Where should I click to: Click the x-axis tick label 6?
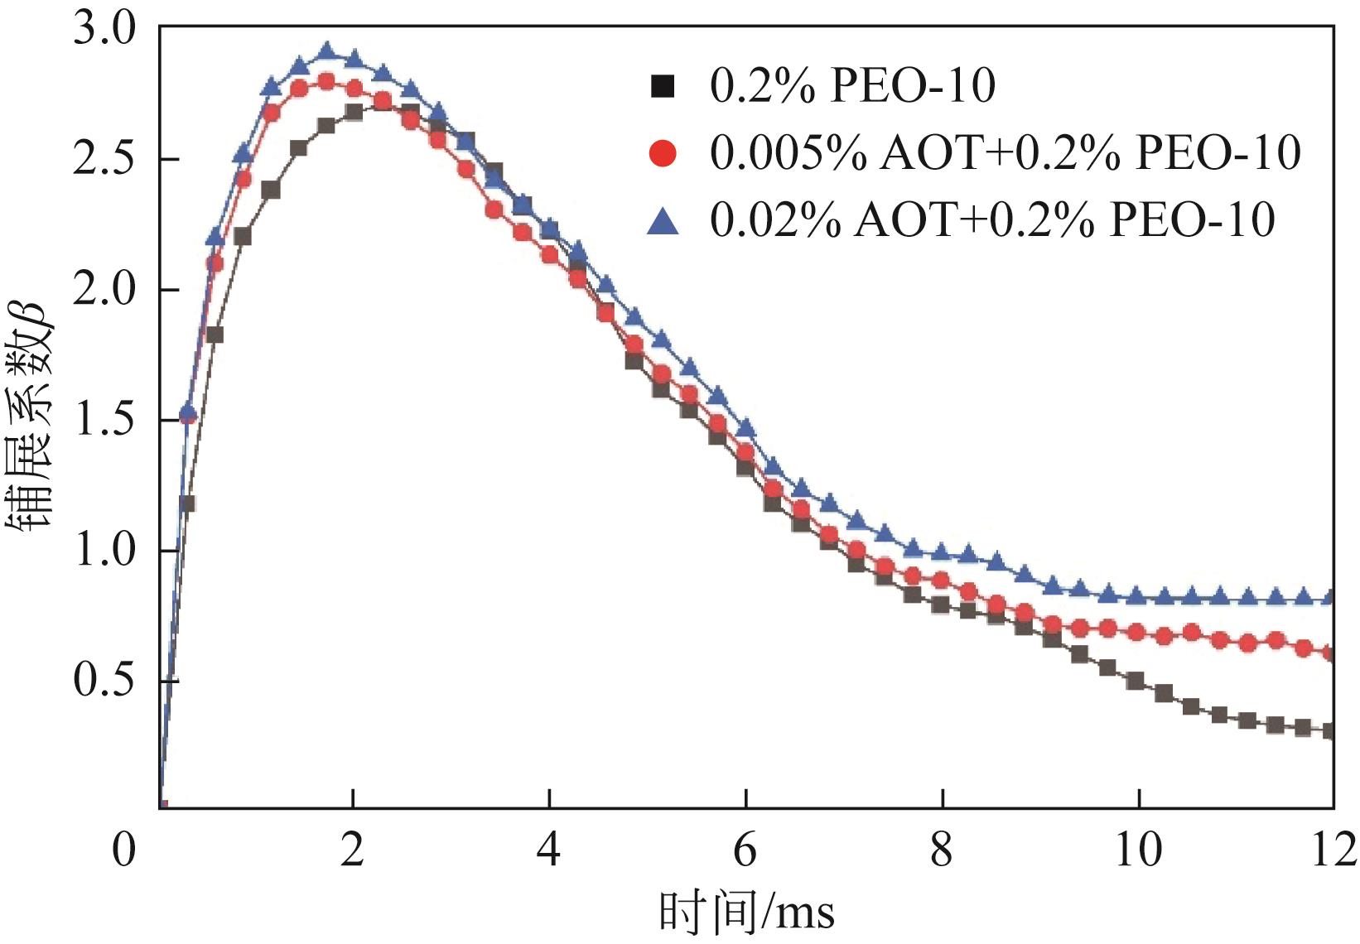coord(745,850)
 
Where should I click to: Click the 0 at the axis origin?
coord(124,850)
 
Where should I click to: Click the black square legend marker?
coord(663,86)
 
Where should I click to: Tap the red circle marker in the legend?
coord(663,153)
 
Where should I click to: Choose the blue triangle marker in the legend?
coord(663,220)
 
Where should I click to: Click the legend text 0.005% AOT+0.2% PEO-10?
coord(1005,153)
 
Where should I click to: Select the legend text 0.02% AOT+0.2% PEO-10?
coord(992,220)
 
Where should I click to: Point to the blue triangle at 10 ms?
coord(1136,595)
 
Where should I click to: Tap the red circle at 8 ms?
coord(940,580)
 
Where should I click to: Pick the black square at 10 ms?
coord(1136,681)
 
